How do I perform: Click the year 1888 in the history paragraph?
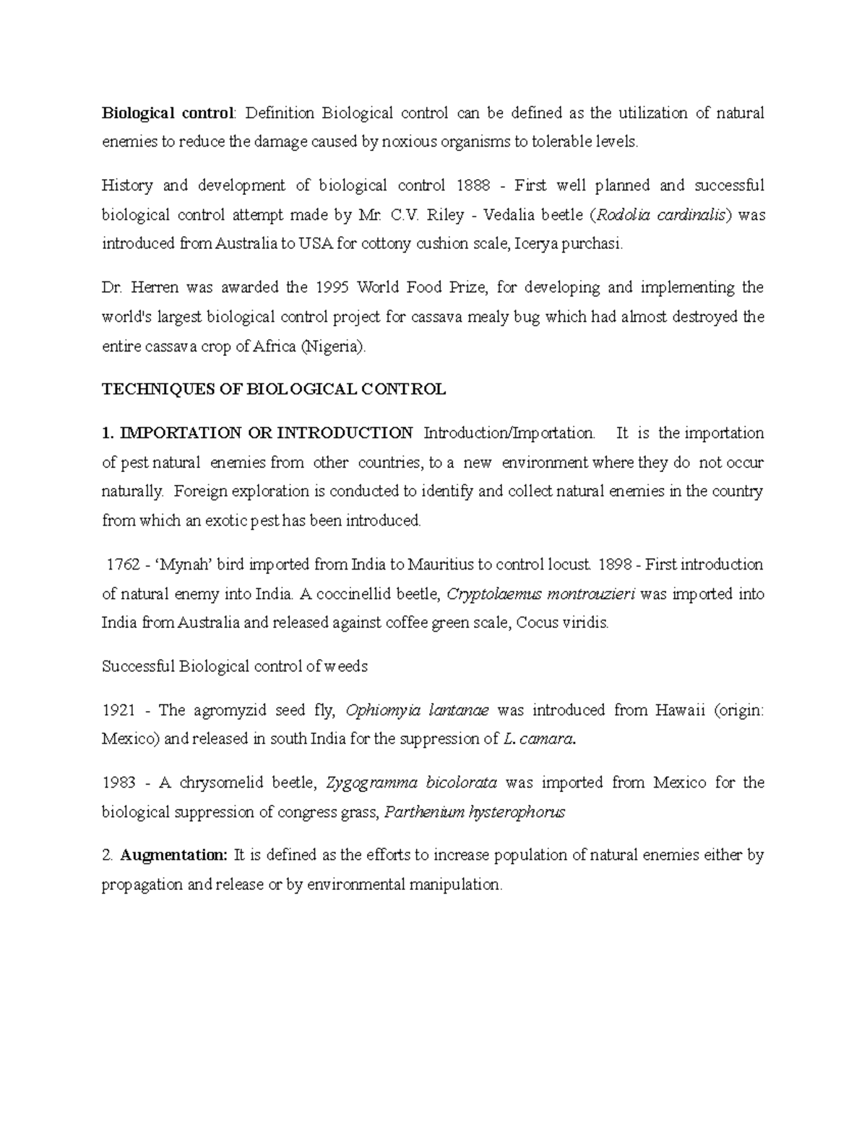[x=473, y=186]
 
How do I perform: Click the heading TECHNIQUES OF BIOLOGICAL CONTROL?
[x=274, y=390]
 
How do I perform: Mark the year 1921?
[x=118, y=710]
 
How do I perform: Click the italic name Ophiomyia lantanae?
[x=418, y=710]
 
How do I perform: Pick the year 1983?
[x=118, y=782]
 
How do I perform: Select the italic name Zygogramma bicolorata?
[x=412, y=782]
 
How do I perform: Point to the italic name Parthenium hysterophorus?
[x=475, y=812]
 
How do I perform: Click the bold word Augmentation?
[x=173, y=855]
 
